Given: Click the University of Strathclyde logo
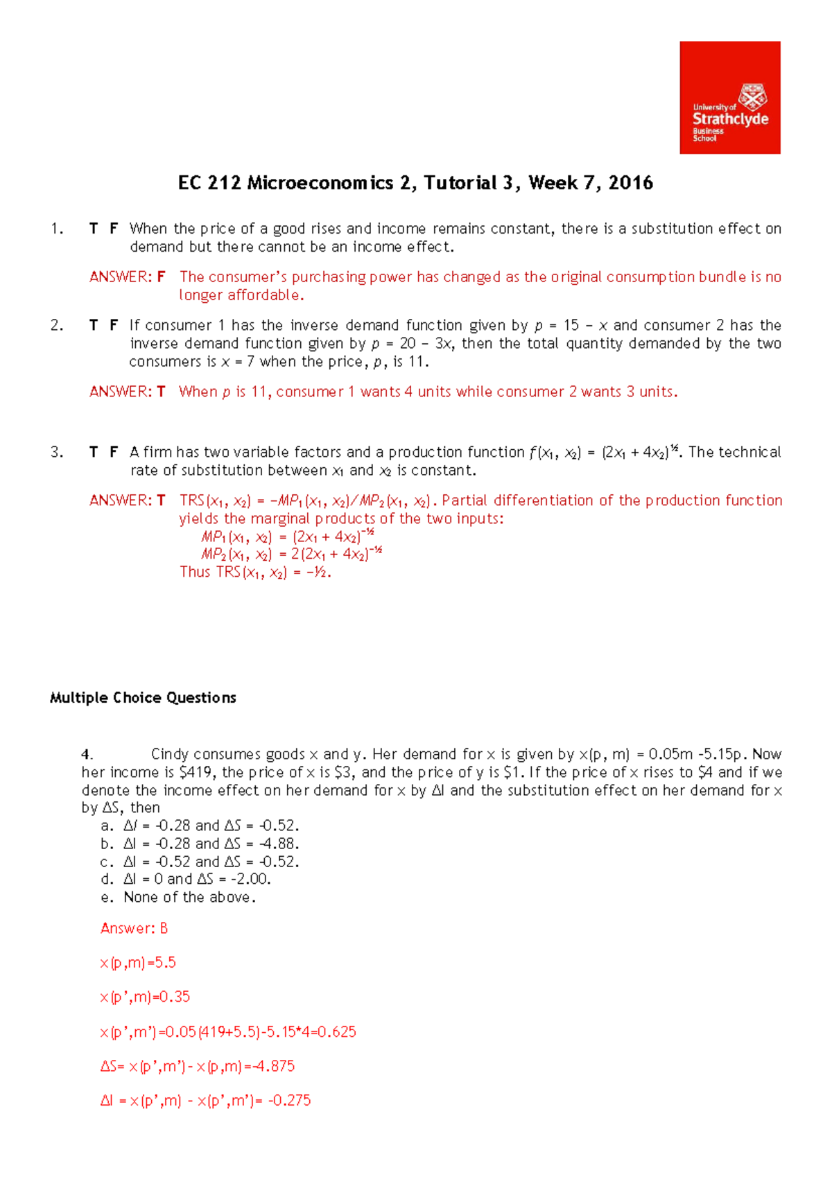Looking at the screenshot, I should pos(729,98).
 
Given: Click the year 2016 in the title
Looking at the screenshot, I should pos(630,183).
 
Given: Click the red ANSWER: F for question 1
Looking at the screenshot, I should pos(128,277).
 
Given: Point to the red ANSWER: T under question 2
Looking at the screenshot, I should pos(128,392).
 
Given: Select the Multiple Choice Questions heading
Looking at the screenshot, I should pos(143,698).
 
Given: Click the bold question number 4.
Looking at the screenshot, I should pos(87,754).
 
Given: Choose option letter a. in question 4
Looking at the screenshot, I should pos(107,826).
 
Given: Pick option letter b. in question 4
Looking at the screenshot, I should pos(107,844).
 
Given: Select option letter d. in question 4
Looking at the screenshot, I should pos(107,880).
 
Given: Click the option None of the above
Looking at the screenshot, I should pos(189,898).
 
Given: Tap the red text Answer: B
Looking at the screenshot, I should pos(134,928).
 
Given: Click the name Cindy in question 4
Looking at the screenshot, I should pos(169,754).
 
